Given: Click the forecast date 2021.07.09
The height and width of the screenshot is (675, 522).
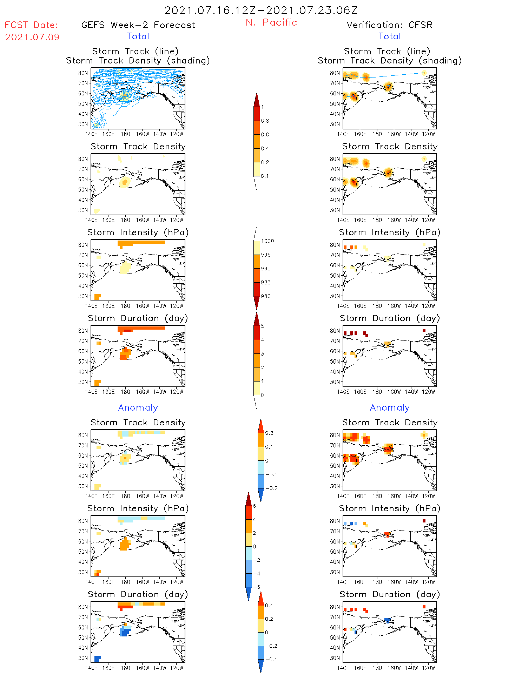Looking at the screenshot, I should pos(32,37).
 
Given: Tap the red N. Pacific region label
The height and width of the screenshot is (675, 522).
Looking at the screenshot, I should pos(271,22).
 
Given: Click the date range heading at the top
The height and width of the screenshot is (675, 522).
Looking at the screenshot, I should pos(261,10).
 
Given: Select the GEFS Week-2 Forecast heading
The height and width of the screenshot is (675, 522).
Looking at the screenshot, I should pos(138,25).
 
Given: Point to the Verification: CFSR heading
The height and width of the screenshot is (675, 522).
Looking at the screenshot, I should pos(389,25).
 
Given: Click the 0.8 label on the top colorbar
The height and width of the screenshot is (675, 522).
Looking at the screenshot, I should pos(265,121).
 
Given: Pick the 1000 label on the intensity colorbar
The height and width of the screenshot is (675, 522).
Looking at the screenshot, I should pos(267,241).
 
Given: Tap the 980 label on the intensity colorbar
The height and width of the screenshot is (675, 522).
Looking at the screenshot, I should pos(266,296).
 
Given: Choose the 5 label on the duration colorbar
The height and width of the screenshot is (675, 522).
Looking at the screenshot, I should pos(263,326).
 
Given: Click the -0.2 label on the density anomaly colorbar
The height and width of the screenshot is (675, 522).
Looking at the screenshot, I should pos(271,488).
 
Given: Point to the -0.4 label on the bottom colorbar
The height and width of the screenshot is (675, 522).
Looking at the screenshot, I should pos(271,659).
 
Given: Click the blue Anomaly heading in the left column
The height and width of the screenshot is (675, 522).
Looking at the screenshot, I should pos(138,407).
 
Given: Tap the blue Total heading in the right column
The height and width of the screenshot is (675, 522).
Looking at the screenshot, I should pos(390,36).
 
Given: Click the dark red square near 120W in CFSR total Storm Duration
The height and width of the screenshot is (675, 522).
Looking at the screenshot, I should pos(424,331).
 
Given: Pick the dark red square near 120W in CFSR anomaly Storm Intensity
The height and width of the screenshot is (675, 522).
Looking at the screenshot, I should pos(424,521).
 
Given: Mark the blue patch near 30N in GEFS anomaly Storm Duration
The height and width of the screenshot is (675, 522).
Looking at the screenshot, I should pos(98,659).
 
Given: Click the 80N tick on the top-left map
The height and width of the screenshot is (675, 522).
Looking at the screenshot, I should pos(83,73).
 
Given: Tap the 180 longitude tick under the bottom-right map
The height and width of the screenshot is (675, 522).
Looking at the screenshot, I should pos(377,668).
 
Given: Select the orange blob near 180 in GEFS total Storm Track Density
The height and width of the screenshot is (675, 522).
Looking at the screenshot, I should pos(125,182).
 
